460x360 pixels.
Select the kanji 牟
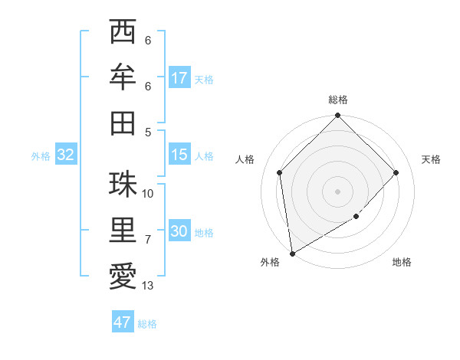123,77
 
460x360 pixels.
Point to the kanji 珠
123,184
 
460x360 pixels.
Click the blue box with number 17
179,78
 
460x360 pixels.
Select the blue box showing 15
179,155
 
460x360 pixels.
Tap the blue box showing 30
179,231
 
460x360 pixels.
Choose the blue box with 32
66,155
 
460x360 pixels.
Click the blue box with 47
123,322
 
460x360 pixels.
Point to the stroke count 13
149,286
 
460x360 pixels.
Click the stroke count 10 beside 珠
149,193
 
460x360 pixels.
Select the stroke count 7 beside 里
149,240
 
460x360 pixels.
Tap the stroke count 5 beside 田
148,132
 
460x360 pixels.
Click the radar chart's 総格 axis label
338,100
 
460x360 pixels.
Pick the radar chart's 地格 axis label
402,263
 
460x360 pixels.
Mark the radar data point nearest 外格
292,254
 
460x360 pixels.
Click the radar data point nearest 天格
396,172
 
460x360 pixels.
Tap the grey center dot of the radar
338,191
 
